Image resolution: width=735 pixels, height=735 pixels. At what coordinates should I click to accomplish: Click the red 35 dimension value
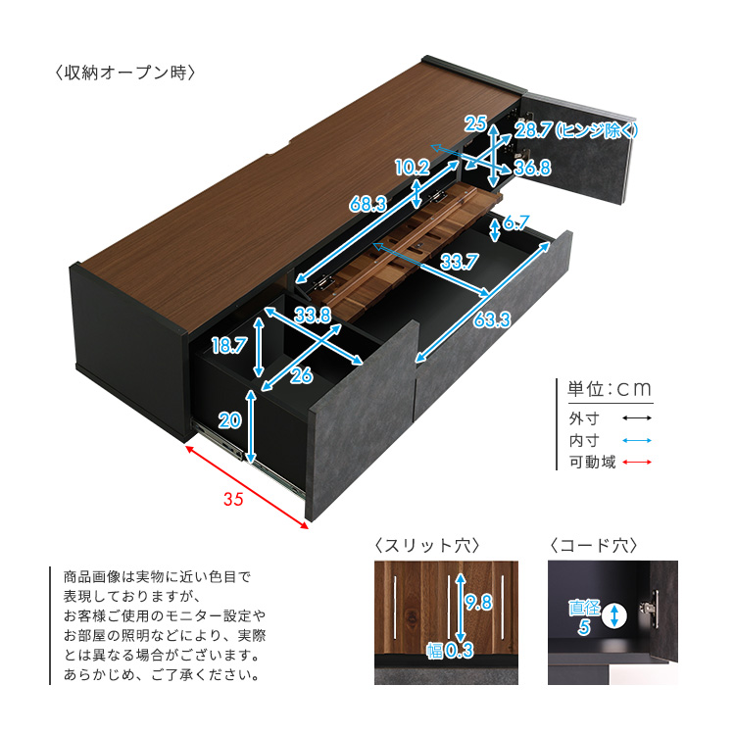(233, 499)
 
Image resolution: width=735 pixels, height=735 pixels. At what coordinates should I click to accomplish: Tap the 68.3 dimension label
(367, 205)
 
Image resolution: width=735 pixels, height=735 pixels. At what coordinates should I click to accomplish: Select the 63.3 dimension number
(492, 319)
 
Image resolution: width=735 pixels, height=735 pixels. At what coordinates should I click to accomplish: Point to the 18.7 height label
(229, 346)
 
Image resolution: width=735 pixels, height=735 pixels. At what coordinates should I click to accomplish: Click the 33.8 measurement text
(313, 315)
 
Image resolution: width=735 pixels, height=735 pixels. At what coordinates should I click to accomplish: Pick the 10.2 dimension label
(413, 168)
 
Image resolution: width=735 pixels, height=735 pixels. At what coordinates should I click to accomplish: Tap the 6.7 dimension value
(516, 222)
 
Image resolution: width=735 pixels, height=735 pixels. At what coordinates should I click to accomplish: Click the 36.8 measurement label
(532, 168)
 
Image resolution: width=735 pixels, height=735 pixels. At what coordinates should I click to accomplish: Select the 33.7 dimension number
(460, 262)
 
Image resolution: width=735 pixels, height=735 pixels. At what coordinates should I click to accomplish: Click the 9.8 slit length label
(478, 602)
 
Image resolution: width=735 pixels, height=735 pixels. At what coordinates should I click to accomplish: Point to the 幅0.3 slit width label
(450, 651)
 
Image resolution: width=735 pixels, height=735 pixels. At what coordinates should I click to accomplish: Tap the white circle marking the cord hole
(614, 615)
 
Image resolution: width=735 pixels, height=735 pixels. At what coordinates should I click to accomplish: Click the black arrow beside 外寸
(637, 418)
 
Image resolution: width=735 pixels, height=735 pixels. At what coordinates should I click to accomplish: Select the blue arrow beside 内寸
(637, 440)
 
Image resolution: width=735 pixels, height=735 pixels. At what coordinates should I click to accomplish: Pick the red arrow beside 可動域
(637, 463)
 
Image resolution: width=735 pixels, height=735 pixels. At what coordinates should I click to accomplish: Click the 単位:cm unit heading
(610, 389)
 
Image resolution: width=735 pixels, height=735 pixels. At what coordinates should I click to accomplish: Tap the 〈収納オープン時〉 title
(125, 73)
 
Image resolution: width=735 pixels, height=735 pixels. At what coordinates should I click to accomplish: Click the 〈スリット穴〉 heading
(427, 545)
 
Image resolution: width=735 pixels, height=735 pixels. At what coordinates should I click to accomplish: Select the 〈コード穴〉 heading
(594, 545)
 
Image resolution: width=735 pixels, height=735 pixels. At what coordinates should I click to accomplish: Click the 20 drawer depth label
(229, 420)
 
